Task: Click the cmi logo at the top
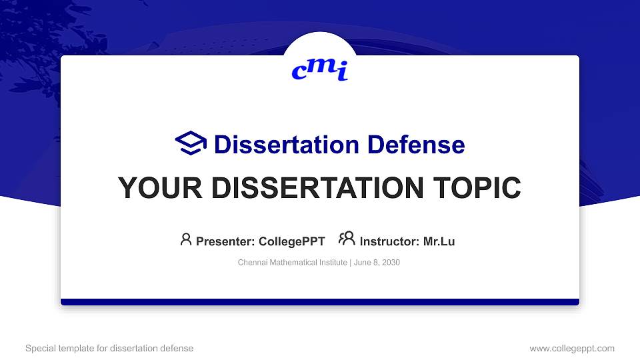(320, 69)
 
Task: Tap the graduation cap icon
(191, 143)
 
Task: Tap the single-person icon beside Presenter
(186, 239)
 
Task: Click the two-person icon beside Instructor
(347, 239)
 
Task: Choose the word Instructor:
(390, 241)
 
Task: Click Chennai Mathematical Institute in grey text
(292, 263)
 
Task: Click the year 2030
(391, 263)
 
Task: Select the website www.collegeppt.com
(571, 348)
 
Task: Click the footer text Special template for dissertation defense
(109, 348)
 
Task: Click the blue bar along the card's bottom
(320, 302)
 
